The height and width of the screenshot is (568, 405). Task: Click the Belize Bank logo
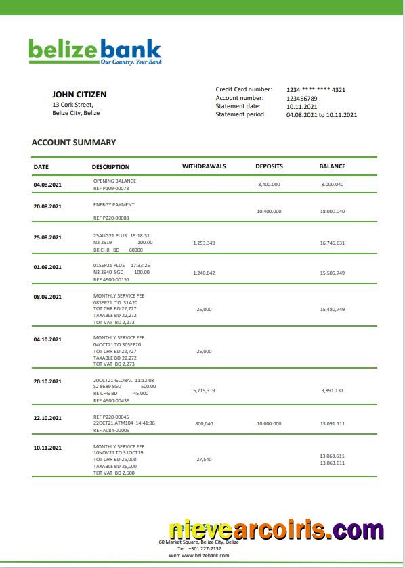click(x=95, y=51)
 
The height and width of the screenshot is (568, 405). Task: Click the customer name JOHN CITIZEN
click(x=79, y=95)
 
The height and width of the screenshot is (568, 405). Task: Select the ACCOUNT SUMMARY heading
click(x=74, y=143)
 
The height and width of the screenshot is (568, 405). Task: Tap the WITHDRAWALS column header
click(x=204, y=166)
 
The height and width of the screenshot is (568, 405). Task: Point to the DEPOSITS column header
click(x=269, y=166)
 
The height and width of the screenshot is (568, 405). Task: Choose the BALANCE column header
click(x=332, y=166)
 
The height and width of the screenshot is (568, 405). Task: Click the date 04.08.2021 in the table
click(x=47, y=185)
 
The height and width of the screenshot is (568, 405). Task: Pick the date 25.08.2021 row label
click(x=47, y=237)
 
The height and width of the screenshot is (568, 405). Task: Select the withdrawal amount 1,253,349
click(x=204, y=243)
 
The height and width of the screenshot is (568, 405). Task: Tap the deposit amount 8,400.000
click(x=269, y=185)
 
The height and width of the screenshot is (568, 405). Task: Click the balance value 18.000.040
click(x=332, y=212)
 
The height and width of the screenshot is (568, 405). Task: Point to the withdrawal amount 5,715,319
click(x=204, y=391)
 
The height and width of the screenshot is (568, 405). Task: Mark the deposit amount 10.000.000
click(x=269, y=424)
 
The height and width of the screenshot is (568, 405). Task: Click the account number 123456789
click(x=301, y=99)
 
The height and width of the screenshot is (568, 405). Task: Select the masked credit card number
click(x=316, y=90)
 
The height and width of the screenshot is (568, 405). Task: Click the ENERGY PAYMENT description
click(x=114, y=204)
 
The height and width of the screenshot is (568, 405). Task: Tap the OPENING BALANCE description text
click(x=114, y=181)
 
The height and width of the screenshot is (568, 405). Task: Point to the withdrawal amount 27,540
click(x=204, y=460)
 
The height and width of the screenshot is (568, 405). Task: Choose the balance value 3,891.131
click(x=332, y=391)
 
